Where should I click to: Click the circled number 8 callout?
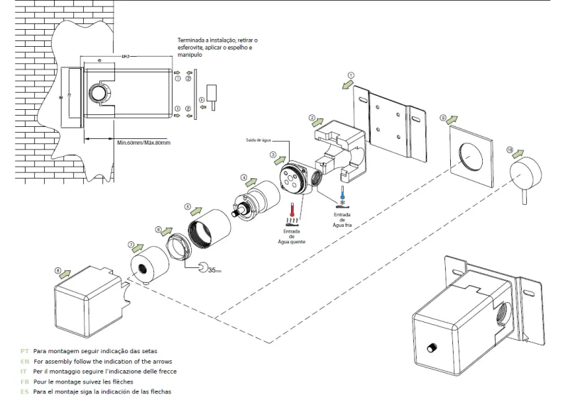tap(58, 270)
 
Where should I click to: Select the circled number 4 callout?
tap(244, 177)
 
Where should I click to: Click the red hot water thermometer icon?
tap(292, 211)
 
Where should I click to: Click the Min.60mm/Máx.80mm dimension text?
tap(144, 142)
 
